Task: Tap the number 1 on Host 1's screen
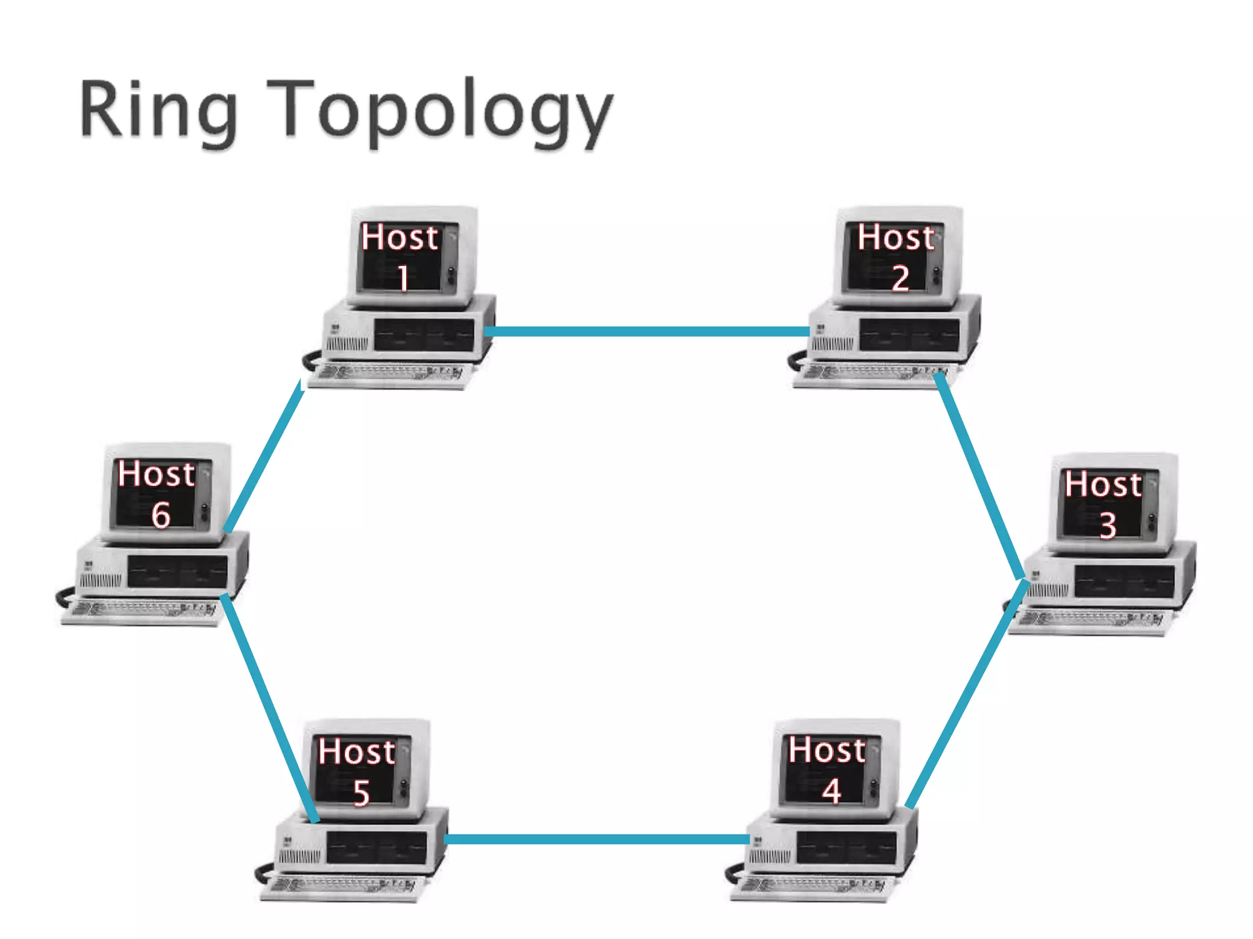point(403,278)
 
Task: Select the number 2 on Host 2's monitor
point(900,278)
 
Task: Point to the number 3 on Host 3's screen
point(1108,525)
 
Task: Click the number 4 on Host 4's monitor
point(831,791)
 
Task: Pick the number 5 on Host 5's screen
point(362,793)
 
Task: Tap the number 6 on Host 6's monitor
point(161,515)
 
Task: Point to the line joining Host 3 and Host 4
point(967,694)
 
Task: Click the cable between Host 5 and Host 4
point(597,839)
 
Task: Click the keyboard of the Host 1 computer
point(392,374)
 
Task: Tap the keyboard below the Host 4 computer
point(814,886)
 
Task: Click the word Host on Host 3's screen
point(1103,485)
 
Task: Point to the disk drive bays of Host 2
point(909,335)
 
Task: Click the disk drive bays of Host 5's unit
point(376,847)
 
